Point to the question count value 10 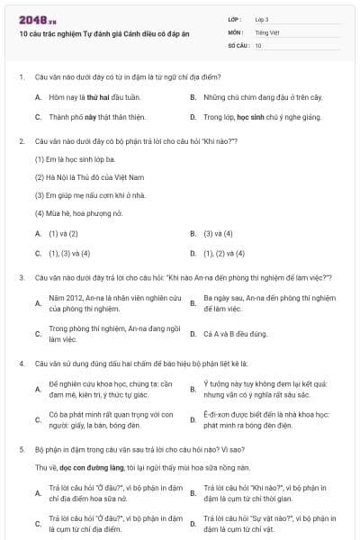coord(258,44)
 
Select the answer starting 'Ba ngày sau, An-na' coord(269,302)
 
